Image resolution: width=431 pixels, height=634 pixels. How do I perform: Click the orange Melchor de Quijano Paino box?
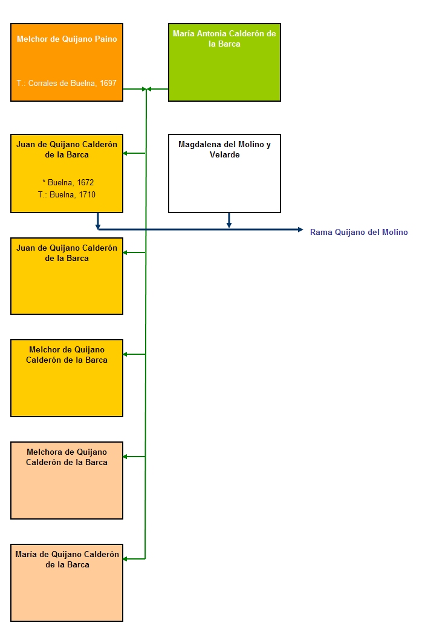click(66, 62)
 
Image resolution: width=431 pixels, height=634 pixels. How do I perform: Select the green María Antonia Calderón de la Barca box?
click(224, 62)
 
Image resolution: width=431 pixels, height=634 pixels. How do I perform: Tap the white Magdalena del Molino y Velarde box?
click(224, 173)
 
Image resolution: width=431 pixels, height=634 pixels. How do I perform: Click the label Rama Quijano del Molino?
click(358, 232)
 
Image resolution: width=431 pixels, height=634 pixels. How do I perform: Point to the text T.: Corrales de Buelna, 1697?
click(66, 84)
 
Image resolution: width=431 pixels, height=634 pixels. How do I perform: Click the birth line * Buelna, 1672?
click(68, 182)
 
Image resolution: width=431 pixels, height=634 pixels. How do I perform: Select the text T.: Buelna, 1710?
click(66, 194)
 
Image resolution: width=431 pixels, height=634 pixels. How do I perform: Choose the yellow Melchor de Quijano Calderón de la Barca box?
click(66, 378)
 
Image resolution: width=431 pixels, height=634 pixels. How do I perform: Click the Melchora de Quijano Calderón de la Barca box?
click(66, 480)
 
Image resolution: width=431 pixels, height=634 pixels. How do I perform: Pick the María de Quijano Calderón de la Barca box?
click(66, 583)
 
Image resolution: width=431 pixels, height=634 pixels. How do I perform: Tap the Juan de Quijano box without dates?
click(66, 276)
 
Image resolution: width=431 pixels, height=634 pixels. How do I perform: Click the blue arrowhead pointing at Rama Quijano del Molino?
click(300, 229)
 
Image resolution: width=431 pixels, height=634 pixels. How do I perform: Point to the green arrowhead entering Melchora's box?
click(125, 457)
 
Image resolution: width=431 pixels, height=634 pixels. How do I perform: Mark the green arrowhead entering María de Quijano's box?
click(125, 559)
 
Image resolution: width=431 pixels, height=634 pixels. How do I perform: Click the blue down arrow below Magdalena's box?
click(229, 220)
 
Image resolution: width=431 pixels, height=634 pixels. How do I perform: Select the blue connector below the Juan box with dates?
click(98, 221)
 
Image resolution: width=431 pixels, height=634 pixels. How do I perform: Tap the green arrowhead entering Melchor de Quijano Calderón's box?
click(125, 354)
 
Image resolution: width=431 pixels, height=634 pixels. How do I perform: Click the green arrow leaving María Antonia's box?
click(157, 89)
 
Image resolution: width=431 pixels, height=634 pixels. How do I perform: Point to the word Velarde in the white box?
click(225, 155)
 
